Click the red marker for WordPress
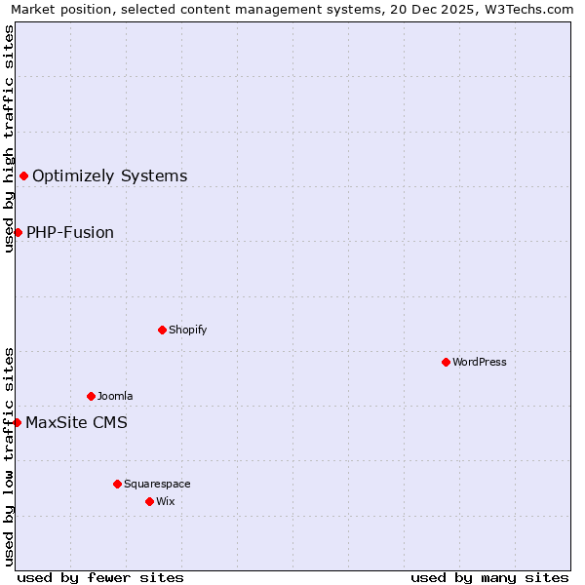446,362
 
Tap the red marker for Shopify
162,330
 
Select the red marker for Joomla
91,396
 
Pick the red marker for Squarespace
117,484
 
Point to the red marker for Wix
149,501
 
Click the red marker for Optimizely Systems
23,175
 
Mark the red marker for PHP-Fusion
18,232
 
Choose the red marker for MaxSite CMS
17,422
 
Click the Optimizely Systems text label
110,176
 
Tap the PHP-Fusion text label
70,233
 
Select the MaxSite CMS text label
76,423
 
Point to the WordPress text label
480,362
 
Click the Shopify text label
188,330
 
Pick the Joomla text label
115,396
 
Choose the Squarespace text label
157,484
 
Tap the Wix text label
166,501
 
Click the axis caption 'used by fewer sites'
100,577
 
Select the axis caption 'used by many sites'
489,577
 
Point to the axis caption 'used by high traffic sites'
10,138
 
